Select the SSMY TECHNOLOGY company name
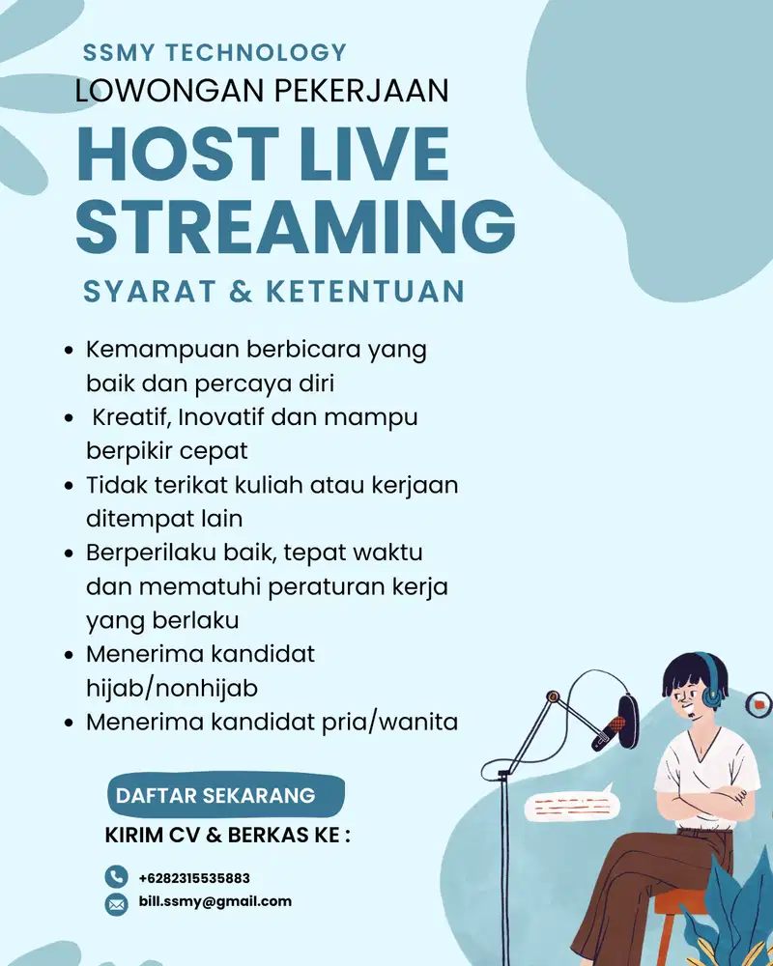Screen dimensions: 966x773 pos(215,52)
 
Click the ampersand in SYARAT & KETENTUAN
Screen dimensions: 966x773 pos(240,291)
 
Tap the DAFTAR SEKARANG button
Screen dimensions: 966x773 pos(215,796)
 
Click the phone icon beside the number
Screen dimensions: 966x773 pos(116,877)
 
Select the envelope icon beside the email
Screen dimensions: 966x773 pos(116,903)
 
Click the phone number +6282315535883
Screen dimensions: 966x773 pos(194,878)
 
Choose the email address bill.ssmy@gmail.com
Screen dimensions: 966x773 pos(215,901)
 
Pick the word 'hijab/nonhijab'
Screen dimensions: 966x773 pos(172,687)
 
